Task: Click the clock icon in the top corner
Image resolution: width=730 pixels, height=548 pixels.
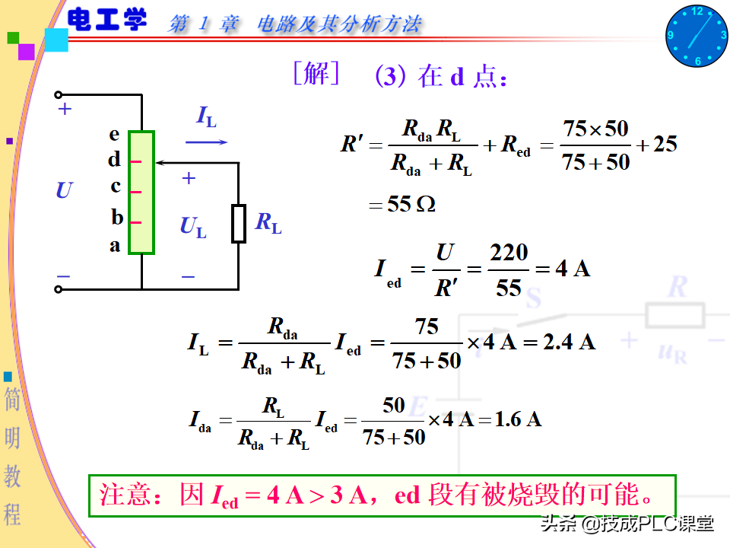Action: [x=697, y=35]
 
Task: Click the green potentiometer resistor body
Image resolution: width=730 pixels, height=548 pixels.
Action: [x=141, y=192]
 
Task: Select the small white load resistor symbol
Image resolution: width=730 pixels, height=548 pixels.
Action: [x=238, y=224]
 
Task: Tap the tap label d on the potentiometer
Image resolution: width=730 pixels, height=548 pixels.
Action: [x=114, y=160]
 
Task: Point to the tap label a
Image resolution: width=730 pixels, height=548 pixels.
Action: [x=115, y=245]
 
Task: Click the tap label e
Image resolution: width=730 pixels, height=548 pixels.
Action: [x=114, y=134]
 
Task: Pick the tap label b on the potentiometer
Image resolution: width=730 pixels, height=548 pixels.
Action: [x=117, y=218]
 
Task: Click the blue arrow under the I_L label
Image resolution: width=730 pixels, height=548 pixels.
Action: [x=206, y=142]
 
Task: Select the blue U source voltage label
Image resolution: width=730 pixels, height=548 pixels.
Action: [x=64, y=190]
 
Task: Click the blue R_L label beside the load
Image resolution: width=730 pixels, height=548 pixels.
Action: [x=268, y=223]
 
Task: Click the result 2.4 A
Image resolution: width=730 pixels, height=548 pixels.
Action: [x=569, y=342]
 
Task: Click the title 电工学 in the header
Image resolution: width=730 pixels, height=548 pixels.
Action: [x=107, y=21]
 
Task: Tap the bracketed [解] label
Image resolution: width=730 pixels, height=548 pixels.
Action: [x=316, y=75]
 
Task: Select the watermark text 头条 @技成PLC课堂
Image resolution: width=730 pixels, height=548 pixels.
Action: [x=627, y=524]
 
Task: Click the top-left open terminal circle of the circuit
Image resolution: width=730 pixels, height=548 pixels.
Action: [x=59, y=95]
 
